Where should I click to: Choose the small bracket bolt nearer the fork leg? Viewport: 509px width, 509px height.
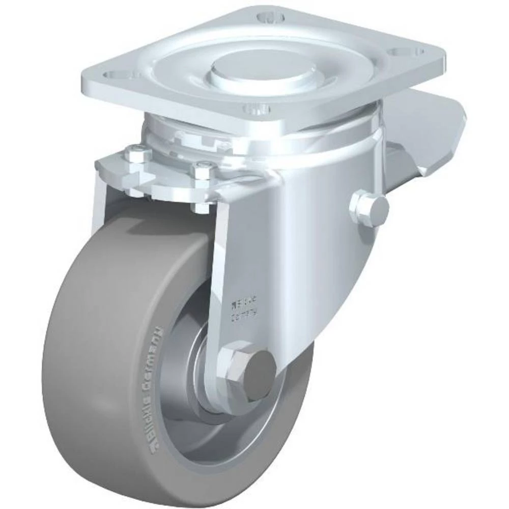pyautogui.click(x=204, y=169)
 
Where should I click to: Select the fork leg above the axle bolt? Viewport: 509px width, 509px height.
pyautogui.click(x=239, y=254)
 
